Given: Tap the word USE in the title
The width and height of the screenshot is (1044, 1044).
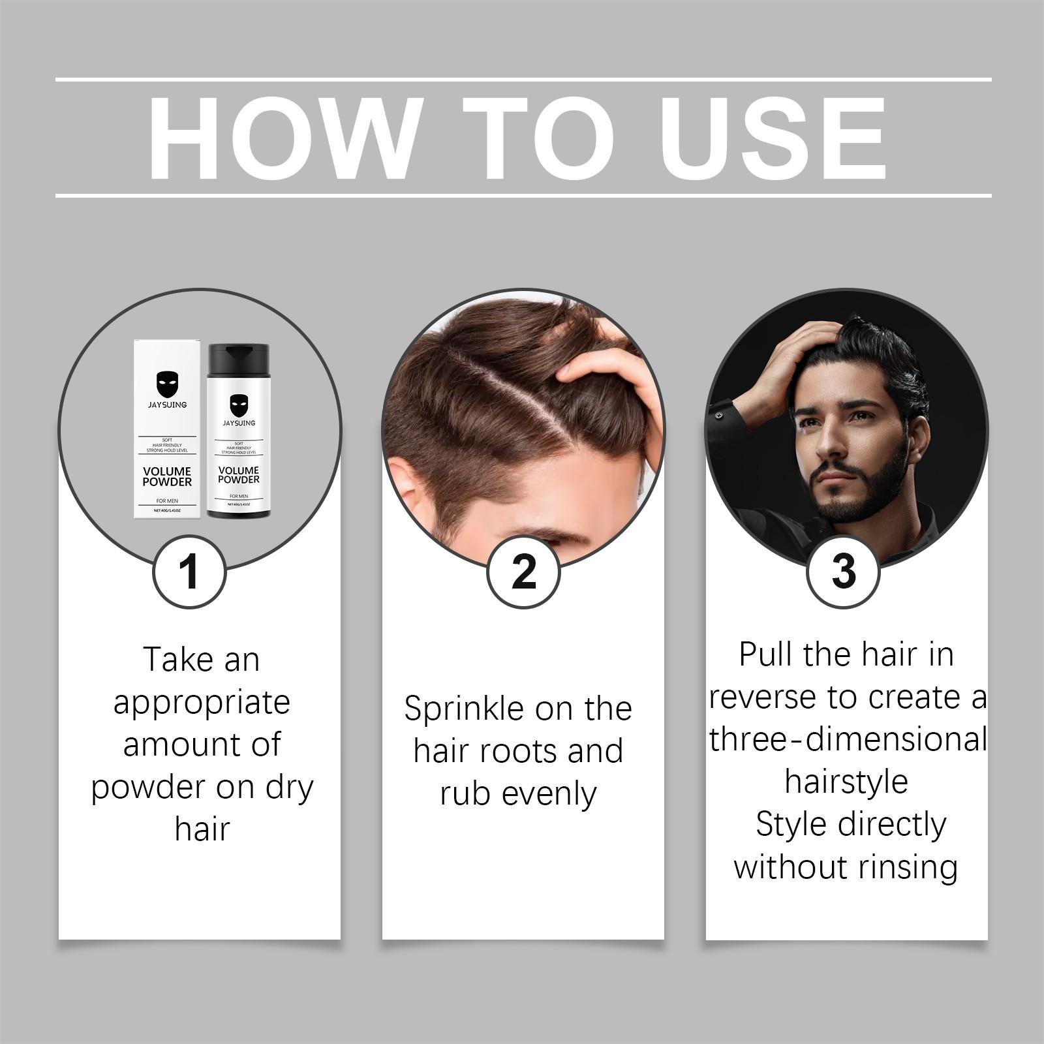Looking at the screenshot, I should tap(776, 138).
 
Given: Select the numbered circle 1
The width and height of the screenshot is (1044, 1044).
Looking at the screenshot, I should tap(189, 572).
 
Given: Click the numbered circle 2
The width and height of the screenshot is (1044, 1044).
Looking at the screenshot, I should tap(523, 572).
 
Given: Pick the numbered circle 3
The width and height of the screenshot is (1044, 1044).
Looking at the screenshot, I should tap(844, 572).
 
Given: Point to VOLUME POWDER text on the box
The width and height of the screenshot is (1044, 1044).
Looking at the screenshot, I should tap(167, 476).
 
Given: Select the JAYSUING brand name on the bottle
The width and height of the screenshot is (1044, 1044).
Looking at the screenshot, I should tap(239, 423).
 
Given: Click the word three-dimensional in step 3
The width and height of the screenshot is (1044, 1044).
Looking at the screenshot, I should tap(848, 740).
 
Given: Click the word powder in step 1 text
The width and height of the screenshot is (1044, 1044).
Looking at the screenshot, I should tap(150, 788).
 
